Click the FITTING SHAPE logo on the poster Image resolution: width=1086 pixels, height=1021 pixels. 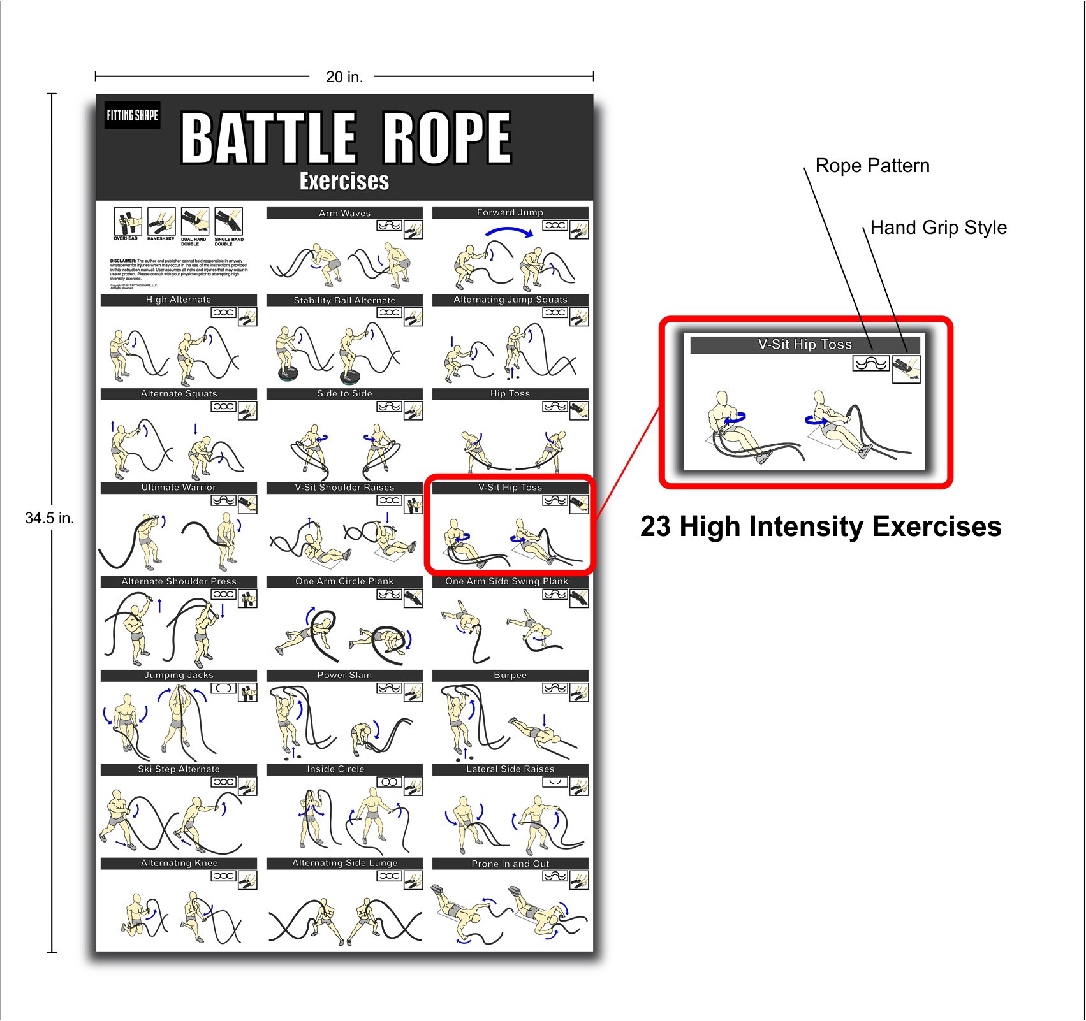point(132,115)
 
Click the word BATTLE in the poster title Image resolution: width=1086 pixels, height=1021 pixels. point(268,138)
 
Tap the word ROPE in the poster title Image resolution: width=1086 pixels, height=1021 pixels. point(446,138)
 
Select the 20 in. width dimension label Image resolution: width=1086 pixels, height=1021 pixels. point(344,77)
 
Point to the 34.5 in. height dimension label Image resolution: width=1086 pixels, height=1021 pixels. point(50,518)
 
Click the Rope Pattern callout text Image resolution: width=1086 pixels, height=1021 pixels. point(872,166)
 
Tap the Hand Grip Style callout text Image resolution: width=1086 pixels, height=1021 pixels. point(938,228)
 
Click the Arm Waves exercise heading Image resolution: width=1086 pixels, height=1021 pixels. point(344,213)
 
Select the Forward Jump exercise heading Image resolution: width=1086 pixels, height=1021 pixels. point(510,212)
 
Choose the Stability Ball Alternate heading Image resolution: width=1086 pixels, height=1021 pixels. point(344,300)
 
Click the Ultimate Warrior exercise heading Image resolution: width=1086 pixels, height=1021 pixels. point(179,488)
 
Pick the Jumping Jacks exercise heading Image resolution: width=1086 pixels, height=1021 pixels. point(179,676)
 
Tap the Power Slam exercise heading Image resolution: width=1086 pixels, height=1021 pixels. point(344,676)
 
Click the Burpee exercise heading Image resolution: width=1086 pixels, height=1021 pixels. point(510,676)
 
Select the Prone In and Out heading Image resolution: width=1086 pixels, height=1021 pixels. point(510,864)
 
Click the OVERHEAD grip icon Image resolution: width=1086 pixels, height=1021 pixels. point(128,221)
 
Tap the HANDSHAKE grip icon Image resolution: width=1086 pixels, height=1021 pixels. point(161,221)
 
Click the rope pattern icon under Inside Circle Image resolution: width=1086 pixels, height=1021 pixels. point(389,782)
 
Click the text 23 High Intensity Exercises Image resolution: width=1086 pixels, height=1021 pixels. point(821,527)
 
